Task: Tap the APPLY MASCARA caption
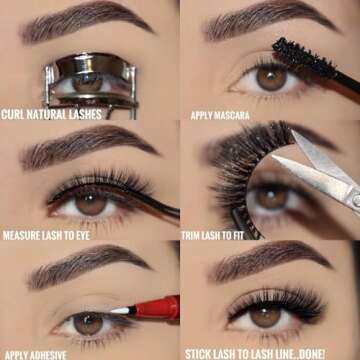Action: click(x=220, y=115)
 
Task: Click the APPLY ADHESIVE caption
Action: click(x=37, y=354)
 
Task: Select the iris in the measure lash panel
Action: click(x=92, y=202)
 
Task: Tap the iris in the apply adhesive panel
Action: click(x=88, y=322)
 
